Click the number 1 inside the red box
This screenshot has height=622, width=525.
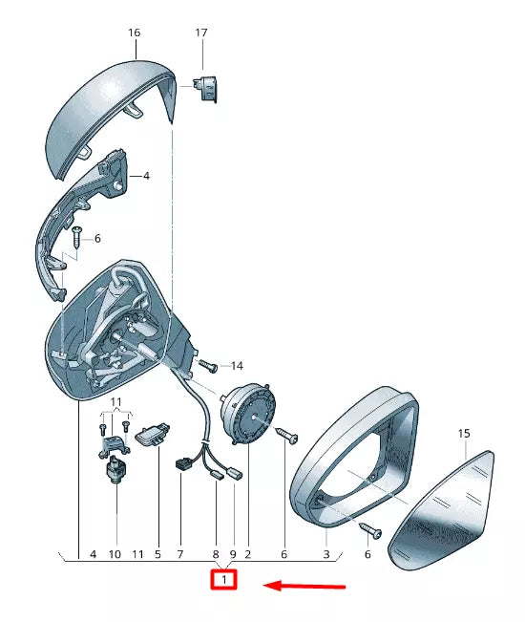[x=224, y=580]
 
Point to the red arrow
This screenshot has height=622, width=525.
[x=304, y=586]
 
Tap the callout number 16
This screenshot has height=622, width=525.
[x=135, y=32]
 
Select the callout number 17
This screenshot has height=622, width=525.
[x=201, y=32]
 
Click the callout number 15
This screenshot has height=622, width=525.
[x=464, y=434]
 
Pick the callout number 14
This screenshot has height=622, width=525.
[x=237, y=366]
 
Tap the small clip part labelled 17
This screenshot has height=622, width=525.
[x=205, y=89]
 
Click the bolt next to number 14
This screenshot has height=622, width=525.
[x=208, y=366]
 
